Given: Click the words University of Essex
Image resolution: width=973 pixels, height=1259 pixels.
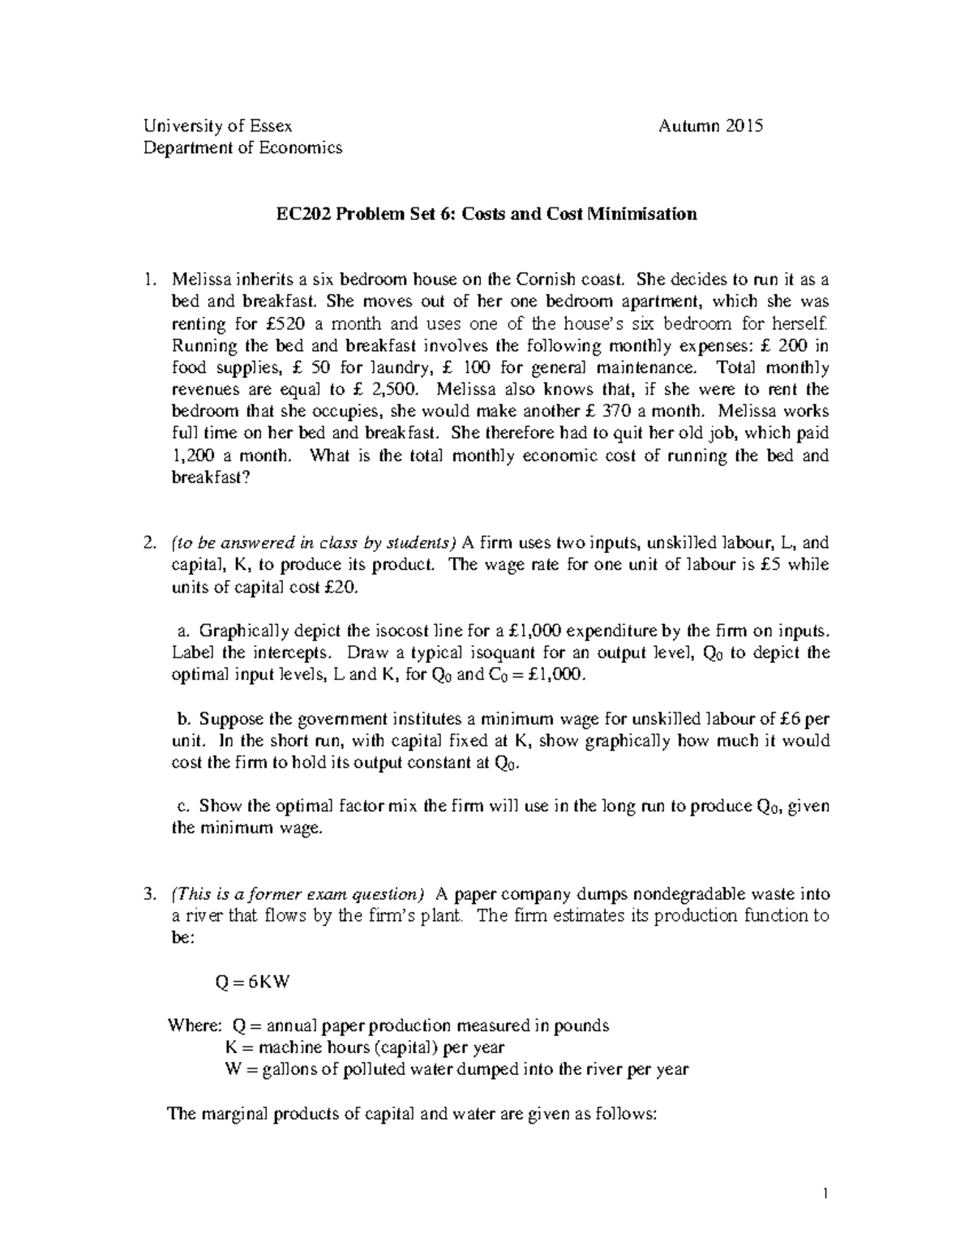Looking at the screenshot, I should pyautogui.click(x=217, y=126).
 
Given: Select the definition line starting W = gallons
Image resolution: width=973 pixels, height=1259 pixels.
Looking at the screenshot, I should pyautogui.click(x=456, y=1069).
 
